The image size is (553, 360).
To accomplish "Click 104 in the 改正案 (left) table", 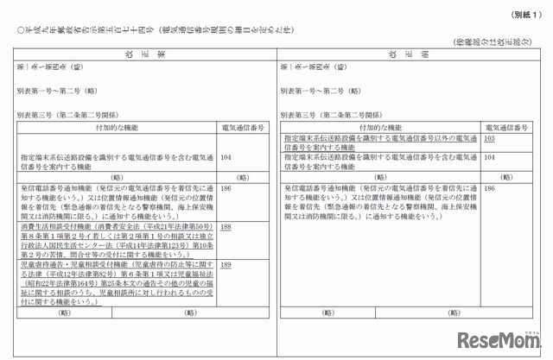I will [226, 157].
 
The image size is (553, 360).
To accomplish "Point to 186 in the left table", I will [226, 187].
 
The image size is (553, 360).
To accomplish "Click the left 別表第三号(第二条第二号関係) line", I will [68, 113].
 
